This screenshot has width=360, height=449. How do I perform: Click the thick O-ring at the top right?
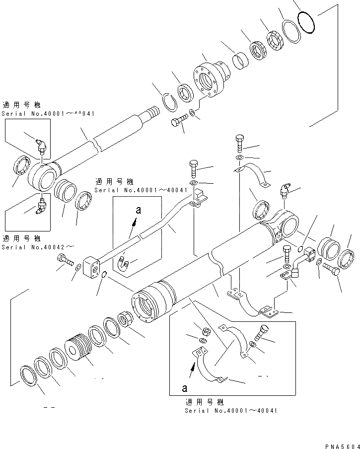tap(306, 23)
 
